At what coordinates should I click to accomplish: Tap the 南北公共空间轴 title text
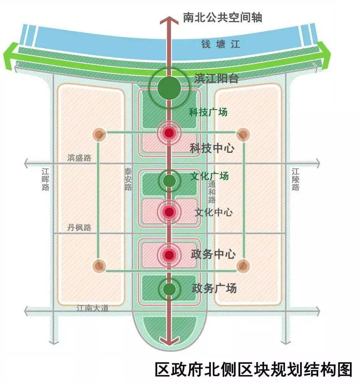pyautogui.click(x=222, y=17)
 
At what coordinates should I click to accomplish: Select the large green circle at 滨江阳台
pyautogui.click(x=169, y=88)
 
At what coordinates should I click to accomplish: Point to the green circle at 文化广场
pyautogui.click(x=169, y=180)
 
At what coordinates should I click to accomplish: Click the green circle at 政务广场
pyautogui.click(x=169, y=290)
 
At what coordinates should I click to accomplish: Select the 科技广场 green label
pyautogui.click(x=208, y=112)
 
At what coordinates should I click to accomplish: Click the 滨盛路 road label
pyautogui.click(x=79, y=158)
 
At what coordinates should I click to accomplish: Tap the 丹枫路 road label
pyautogui.click(x=79, y=227)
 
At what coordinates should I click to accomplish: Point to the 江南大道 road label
pyautogui.click(x=92, y=308)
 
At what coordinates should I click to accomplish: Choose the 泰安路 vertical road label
pyautogui.click(x=128, y=180)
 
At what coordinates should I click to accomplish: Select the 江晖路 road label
pyautogui.click(x=46, y=180)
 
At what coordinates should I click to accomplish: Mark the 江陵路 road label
pyautogui.click(x=295, y=180)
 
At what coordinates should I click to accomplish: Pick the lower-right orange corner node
pyautogui.click(x=243, y=265)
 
